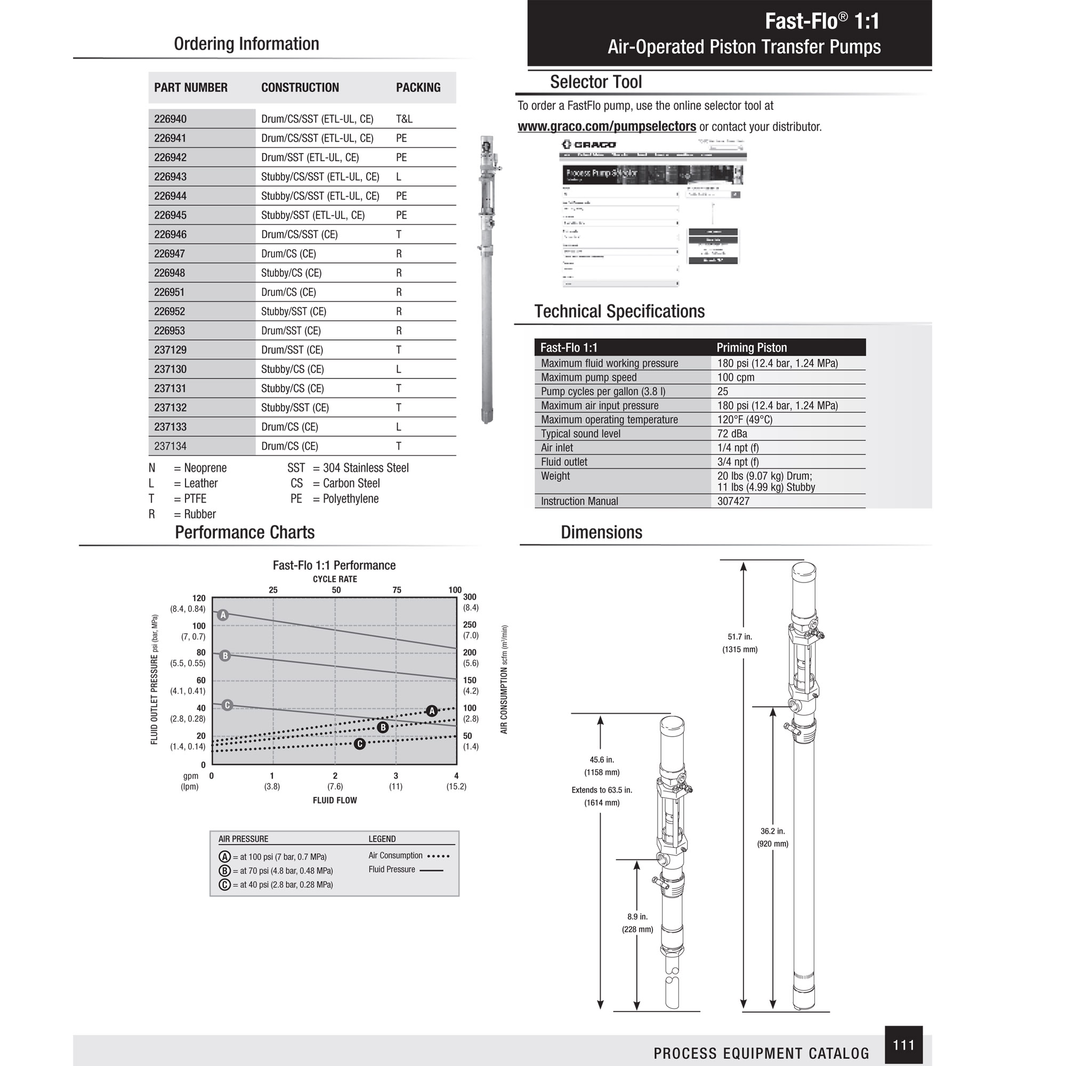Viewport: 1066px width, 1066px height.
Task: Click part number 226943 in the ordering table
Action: (x=171, y=176)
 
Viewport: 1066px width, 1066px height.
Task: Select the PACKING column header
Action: (x=418, y=88)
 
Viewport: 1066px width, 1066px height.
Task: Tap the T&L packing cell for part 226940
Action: (x=404, y=119)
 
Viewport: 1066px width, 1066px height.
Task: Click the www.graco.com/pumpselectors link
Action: (x=607, y=126)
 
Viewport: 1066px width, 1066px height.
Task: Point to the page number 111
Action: (x=903, y=1045)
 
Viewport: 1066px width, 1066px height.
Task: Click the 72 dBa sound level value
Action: (x=732, y=434)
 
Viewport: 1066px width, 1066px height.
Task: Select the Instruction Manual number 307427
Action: (x=733, y=501)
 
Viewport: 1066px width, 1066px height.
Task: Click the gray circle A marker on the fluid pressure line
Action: (x=223, y=615)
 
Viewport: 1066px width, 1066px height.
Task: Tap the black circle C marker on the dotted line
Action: (x=360, y=744)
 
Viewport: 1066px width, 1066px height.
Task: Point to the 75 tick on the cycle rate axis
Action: (x=397, y=590)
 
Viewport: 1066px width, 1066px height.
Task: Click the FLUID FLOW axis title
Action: (x=334, y=800)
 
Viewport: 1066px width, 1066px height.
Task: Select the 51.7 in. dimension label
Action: (x=740, y=637)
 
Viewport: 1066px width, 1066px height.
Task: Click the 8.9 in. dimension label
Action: (x=637, y=916)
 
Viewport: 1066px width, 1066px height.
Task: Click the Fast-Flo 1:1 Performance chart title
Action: (x=334, y=565)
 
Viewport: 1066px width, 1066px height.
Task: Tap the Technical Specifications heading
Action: (x=619, y=311)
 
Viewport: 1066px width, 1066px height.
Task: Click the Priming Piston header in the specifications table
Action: (x=752, y=348)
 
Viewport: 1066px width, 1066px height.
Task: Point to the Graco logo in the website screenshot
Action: (x=589, y=144)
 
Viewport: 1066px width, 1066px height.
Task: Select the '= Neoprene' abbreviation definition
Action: (x=200, y=468)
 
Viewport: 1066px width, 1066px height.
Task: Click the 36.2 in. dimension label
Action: (x=772, y=831)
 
